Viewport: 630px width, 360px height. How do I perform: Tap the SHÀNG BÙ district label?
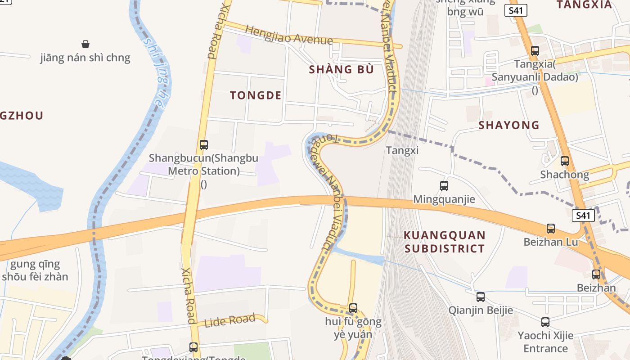pyautogui.click(x=342, y=69)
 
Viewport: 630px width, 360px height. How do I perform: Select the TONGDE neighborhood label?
pyautogui.click(x=256, y=95)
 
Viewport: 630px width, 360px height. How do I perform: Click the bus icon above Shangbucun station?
pyautogui.click(x=203, y=145)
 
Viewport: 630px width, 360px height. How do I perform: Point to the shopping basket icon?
pyautogui.click(x=85, y=44)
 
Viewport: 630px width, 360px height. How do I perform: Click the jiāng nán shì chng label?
pyautogui.click(x=85, y=58)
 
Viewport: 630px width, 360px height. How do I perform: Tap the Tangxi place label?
pyautogui.click(x=402, y=150)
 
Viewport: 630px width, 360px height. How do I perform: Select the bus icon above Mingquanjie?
pyautogui.click(x=444, y=185)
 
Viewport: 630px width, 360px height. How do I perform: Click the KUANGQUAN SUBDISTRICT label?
pyautogui.click(x=445, y=242)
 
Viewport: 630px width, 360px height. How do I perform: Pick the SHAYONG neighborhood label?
pyautogui.click(x=509, y=125)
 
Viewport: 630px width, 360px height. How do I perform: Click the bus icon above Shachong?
pyautogui.click(x=564, y=161)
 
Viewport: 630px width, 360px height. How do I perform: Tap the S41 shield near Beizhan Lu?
pyautogui.click(x=583, y=216)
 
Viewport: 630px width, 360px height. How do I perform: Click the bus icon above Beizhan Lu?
pyautogui.click(x=551, y=229)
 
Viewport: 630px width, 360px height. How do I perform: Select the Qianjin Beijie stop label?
pyautogui.click(x=481, y=310)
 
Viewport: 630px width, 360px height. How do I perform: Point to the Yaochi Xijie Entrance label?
pyautogui.click(x=545, y=342)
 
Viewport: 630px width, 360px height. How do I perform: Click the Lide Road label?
pyautogui.click(x=230, y=321)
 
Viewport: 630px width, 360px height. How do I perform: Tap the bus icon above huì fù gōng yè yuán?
pyautogui.click(x=353, y=308)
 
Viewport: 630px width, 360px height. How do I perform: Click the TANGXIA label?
pyautogui.click(x=584, y=5)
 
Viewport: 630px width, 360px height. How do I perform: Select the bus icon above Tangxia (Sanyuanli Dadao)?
pyautogui.click(x=535, y=51)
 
